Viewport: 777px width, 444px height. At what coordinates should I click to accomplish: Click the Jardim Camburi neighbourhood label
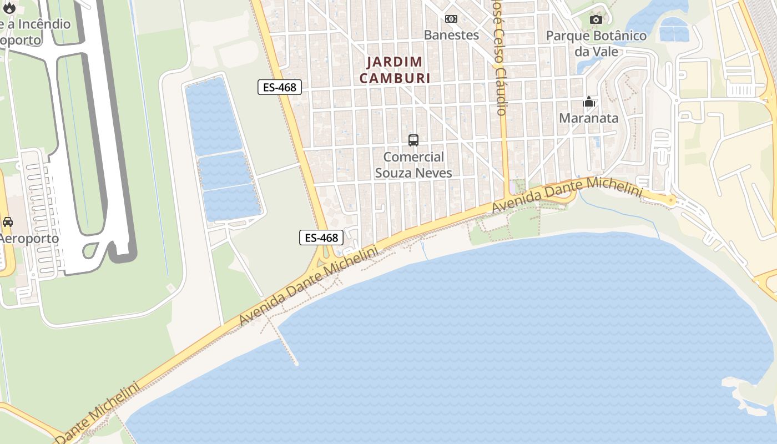pos(395,70)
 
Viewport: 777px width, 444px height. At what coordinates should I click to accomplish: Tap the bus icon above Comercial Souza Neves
pos(413,140)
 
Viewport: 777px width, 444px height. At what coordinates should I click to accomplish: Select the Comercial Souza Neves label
pos(413,165)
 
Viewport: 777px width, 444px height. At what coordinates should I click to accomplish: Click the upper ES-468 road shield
pos(280,87)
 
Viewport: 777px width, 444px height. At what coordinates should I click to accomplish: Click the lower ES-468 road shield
pos(321,238)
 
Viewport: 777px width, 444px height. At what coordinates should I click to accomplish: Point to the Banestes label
pos(451,35)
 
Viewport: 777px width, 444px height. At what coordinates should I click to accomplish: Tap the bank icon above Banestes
pos(451,19)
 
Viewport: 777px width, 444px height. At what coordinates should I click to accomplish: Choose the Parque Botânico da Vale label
pos(596,43)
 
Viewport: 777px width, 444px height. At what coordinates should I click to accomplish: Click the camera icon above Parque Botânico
pos(596,20)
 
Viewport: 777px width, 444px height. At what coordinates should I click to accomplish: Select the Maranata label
pos(588,118)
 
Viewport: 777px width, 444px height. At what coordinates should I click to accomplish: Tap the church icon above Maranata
pos(589,102)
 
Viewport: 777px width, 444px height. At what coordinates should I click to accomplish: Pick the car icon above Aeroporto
pos(8,222)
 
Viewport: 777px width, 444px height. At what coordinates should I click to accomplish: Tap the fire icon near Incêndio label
pos(9,8)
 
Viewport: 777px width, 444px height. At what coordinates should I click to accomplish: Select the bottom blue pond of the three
pos(232,203)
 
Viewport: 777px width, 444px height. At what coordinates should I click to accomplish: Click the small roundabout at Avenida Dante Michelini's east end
pos(672,200)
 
